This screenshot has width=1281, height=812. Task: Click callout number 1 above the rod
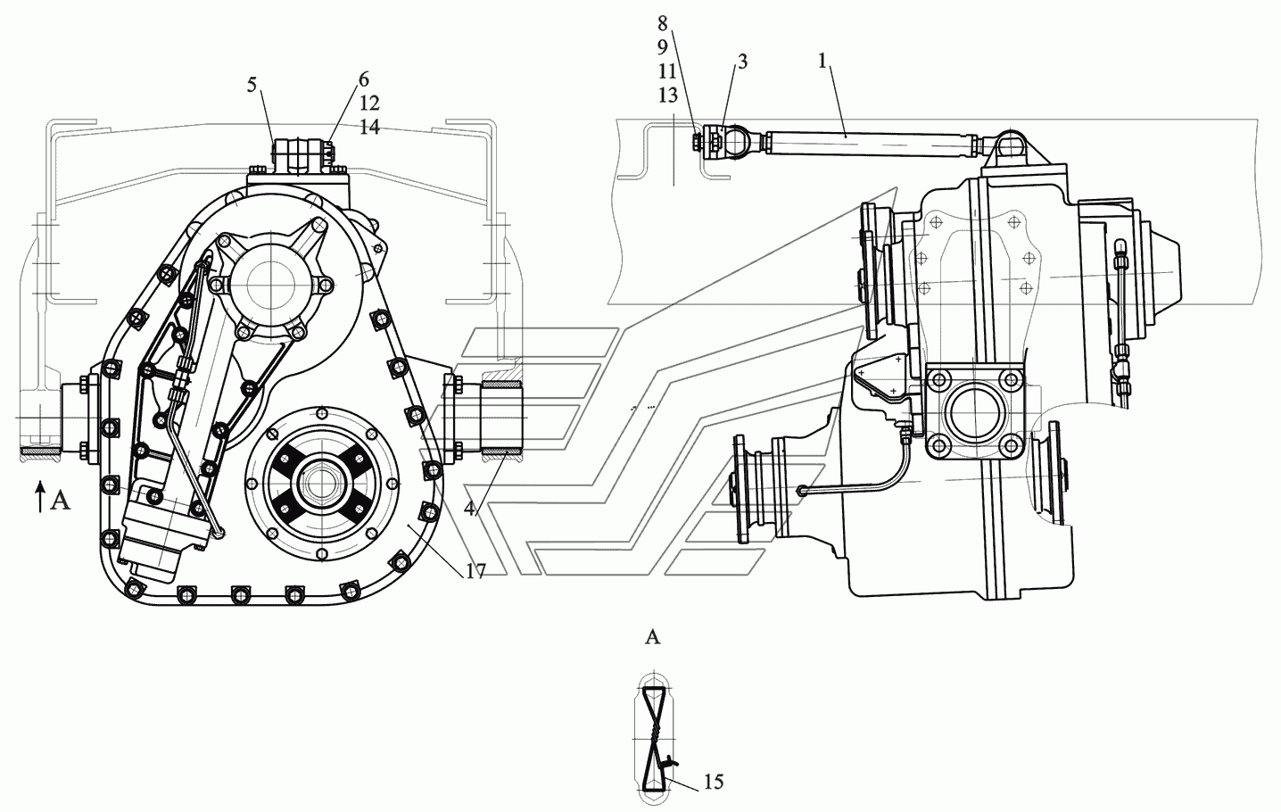coord(822,62)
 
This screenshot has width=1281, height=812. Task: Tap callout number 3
coord(742,62)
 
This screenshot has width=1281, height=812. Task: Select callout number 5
coord(252,86)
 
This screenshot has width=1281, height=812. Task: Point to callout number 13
coord(667,95)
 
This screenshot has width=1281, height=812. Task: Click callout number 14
coord(369,127)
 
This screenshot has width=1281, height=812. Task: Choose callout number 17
coord(475,571)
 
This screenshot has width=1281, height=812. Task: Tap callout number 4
coord(469,508)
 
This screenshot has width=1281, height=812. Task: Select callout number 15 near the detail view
coord(713,781)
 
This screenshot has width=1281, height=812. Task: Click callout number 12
coord(369,103)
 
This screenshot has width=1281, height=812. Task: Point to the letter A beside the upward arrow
coord(60,501)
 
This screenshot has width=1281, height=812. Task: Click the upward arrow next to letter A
coord(39,496)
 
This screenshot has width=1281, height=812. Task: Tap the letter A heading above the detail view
coord(652,637)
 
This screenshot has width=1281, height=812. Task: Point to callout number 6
coord(364,79)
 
